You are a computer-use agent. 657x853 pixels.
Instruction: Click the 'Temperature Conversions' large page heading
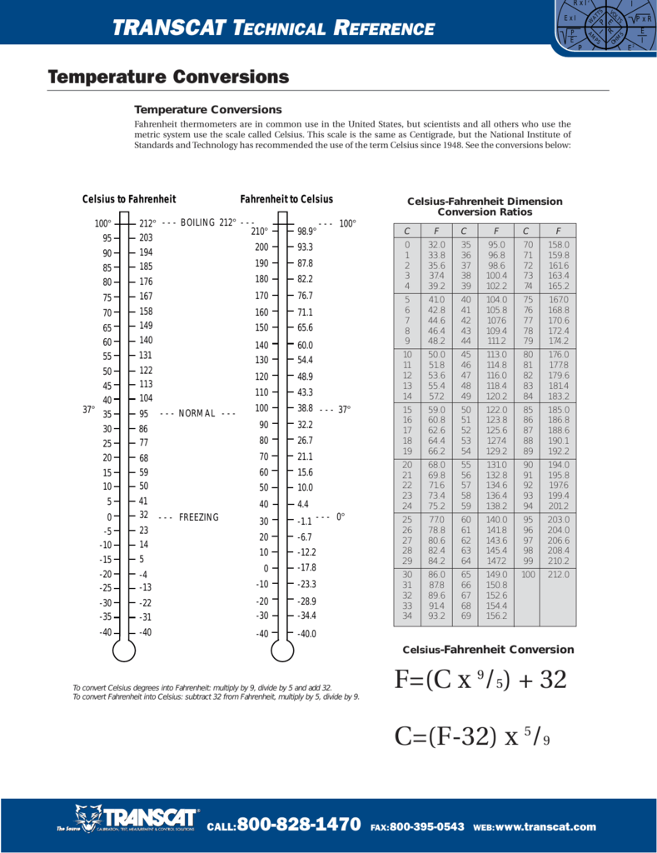[169, 77]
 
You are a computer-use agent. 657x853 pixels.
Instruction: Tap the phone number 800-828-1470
[299, 825]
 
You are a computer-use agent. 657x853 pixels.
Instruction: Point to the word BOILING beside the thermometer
[197, 222]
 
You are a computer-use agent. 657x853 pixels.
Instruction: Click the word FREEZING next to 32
[198, 517]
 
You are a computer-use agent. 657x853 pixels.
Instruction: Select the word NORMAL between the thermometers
[197, 413]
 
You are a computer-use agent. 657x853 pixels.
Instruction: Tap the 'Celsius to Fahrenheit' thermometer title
[129, 199]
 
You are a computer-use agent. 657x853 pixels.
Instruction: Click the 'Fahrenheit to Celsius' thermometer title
[286, 199]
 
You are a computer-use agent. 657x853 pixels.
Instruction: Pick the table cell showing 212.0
[558, 574]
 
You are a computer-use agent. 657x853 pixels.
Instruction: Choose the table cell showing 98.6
[496, 266]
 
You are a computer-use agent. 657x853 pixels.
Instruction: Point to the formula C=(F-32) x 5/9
[473, 736]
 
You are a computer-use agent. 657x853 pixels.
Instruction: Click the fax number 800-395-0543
[426, 826]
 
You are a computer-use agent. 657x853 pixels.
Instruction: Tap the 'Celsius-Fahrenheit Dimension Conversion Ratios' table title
[485, 207]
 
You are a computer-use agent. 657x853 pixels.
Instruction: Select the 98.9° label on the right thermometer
[307, 231]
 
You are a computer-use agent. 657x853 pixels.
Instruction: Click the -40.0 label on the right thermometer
[307, 634]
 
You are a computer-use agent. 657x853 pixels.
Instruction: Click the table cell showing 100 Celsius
[528, 574]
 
